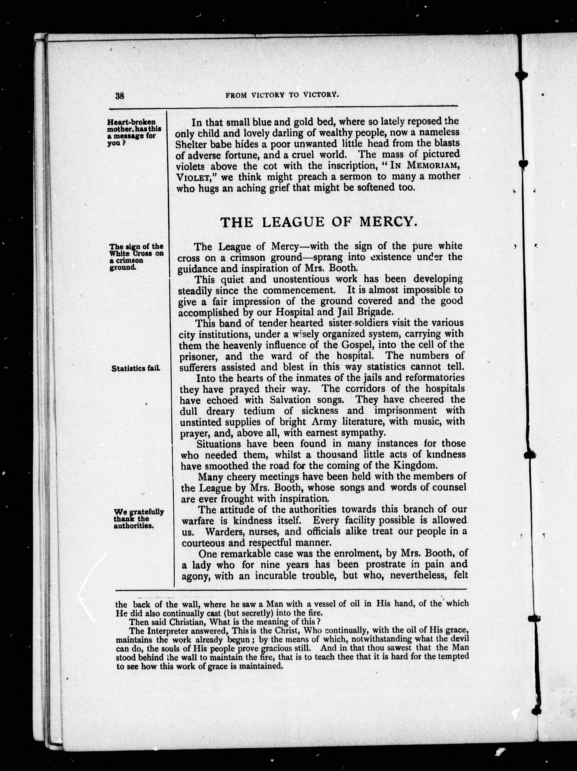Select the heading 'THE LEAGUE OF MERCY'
click(319, 222)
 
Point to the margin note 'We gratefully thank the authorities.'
click(139, 519)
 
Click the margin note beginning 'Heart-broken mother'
click(134, 133)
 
